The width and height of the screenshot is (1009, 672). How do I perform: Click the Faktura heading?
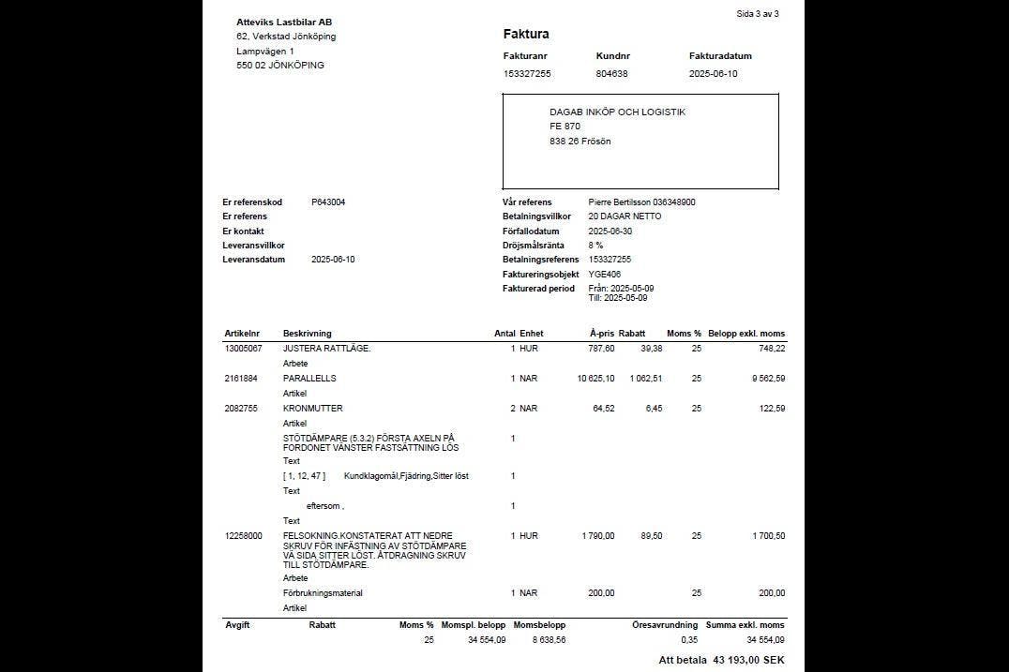526,35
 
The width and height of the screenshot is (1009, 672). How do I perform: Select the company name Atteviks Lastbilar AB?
284,22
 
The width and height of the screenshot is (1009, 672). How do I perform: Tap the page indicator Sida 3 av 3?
758,14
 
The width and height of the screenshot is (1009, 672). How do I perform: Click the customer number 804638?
611,73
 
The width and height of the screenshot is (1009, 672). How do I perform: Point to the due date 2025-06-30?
611,231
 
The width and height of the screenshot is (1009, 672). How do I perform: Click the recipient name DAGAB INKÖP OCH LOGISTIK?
617,112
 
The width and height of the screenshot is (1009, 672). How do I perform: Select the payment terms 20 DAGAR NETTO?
625,217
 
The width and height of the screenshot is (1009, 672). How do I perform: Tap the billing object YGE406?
604,274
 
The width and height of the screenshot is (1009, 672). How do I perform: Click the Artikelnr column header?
242,334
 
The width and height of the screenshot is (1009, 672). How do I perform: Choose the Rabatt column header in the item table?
632,334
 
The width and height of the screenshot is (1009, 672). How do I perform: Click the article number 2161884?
241,379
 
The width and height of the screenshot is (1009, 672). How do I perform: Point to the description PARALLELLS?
309,379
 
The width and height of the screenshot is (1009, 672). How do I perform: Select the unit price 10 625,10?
595,379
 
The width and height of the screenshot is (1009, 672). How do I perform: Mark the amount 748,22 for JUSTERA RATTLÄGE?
772,348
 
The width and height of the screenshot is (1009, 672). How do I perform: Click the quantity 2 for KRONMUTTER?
513,409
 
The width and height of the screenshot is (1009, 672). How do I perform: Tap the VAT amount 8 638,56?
547,640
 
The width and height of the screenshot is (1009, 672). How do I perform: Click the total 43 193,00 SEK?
747,661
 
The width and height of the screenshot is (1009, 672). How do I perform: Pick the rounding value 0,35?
689,640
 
